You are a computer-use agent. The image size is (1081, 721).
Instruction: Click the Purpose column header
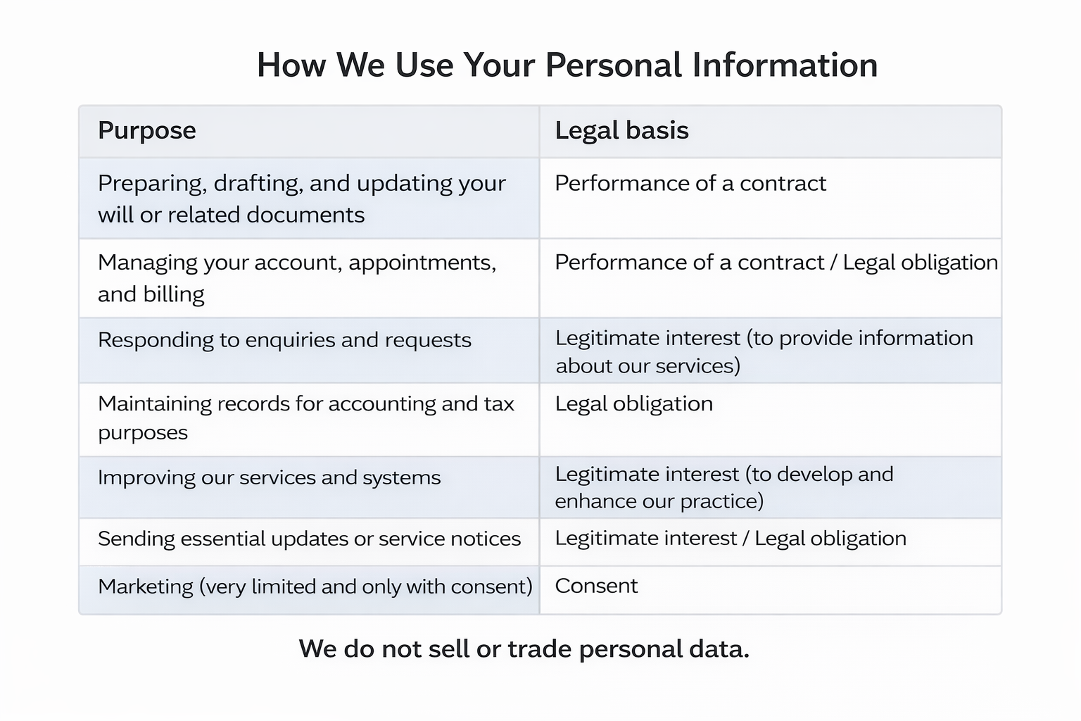pos(147,131)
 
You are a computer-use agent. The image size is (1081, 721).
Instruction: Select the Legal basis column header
pos(621,131)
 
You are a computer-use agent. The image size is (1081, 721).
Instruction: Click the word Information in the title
pos(785,65)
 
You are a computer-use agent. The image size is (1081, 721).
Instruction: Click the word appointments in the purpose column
pos(422,263)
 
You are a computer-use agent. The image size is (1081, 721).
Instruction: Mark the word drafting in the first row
pos(258,184)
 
